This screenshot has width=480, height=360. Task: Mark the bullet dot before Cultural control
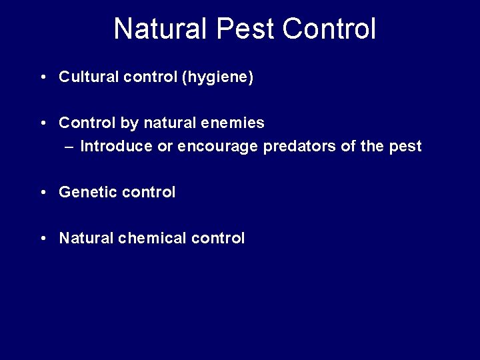pos(43,78)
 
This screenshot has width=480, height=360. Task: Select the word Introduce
pos(110,146)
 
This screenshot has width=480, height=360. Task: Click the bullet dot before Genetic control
pos(43,193)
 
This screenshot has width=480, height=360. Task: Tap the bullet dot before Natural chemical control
pos(43,238)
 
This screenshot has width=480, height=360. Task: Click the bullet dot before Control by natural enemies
pos(43,123)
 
